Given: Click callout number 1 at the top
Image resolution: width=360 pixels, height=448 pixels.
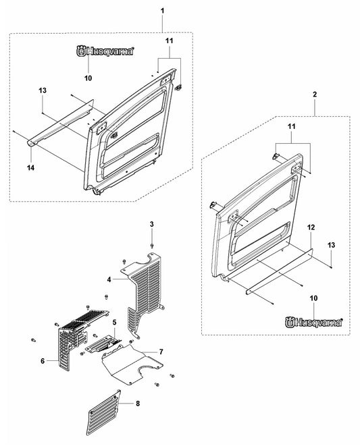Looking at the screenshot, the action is [162, 11].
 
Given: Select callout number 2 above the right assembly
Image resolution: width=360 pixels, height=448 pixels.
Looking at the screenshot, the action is [315, 94].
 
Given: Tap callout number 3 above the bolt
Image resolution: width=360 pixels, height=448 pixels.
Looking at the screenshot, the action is [152, 224].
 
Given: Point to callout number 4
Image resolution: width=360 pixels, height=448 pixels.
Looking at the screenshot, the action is [109, 279].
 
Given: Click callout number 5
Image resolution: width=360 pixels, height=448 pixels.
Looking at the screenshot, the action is [114, 323].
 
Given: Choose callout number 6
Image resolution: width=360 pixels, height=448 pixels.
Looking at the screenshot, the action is [43, 361].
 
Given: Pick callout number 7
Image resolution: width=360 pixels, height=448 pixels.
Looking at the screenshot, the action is [161, 352].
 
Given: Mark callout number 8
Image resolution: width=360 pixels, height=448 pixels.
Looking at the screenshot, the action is [138, 403].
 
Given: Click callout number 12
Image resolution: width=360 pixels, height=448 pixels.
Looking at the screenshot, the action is [311, 227].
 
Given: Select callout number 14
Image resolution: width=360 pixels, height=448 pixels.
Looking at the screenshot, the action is [31, 168].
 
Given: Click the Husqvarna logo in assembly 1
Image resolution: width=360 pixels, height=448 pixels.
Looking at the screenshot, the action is [105, 51].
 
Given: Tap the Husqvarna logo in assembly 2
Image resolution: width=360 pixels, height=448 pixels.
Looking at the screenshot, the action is [314, 323].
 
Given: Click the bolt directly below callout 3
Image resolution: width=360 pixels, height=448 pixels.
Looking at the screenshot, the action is [152, 246].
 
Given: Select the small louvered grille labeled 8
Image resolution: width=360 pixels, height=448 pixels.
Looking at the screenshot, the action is [103, 412].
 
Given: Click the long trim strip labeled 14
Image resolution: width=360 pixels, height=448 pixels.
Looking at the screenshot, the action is [61, 123].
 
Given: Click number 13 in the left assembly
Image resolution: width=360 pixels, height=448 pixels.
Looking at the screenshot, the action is [43, 90].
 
